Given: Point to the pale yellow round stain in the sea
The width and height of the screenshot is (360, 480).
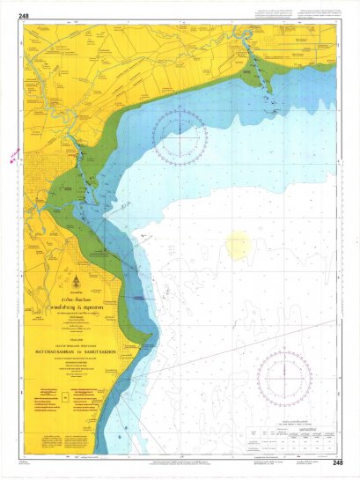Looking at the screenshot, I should pyautogui.click(x=239, y=244).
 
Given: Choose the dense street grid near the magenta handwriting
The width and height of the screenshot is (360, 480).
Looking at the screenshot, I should pyautogui.click(x=35, y=167).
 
